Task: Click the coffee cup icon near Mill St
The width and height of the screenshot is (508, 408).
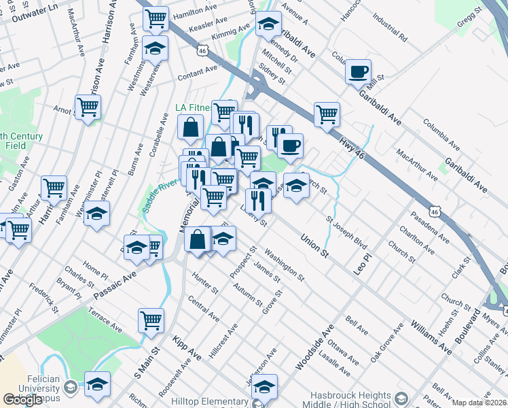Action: click(x=358, y=71)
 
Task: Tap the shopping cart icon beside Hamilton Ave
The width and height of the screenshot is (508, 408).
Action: click(x=156, y=19)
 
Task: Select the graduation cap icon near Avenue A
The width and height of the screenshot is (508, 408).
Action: click(x=269, y=24)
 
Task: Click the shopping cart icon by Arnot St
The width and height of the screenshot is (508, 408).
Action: click(x=88, y=107)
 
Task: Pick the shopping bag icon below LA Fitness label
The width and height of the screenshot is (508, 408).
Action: click(x=191, y=126)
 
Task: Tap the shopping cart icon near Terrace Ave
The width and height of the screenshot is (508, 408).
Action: click(x=151, y=320)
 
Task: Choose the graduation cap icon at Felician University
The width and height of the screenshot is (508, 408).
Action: click(x=97, y=384)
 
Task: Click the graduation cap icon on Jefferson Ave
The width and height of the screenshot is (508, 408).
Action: click(x=265, y=386)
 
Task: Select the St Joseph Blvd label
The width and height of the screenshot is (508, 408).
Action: click(x=346, y=233)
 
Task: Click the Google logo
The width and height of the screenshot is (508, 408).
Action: click(x=22, y=400)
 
